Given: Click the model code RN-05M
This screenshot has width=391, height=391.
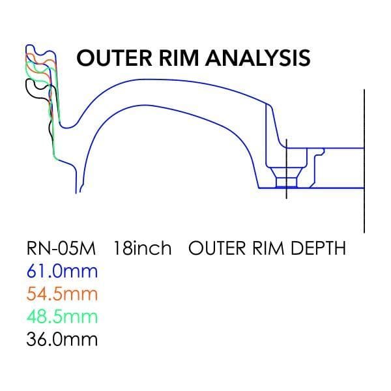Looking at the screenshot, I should click(61, 248).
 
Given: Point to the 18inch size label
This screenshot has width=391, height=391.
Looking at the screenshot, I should click(143, 248).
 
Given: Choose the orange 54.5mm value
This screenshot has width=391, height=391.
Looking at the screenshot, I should click(61, 293).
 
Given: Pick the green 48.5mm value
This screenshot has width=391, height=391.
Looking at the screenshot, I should click(61, 316).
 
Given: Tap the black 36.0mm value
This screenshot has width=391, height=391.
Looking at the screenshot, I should click(61, 339).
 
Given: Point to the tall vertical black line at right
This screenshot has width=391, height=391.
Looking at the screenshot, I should click(363, 163).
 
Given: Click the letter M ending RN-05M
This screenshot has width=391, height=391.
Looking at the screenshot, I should click(87, 248).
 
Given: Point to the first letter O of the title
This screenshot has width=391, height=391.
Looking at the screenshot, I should click(85, 57).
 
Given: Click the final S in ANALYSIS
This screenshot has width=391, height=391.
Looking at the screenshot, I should click(303, 57).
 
